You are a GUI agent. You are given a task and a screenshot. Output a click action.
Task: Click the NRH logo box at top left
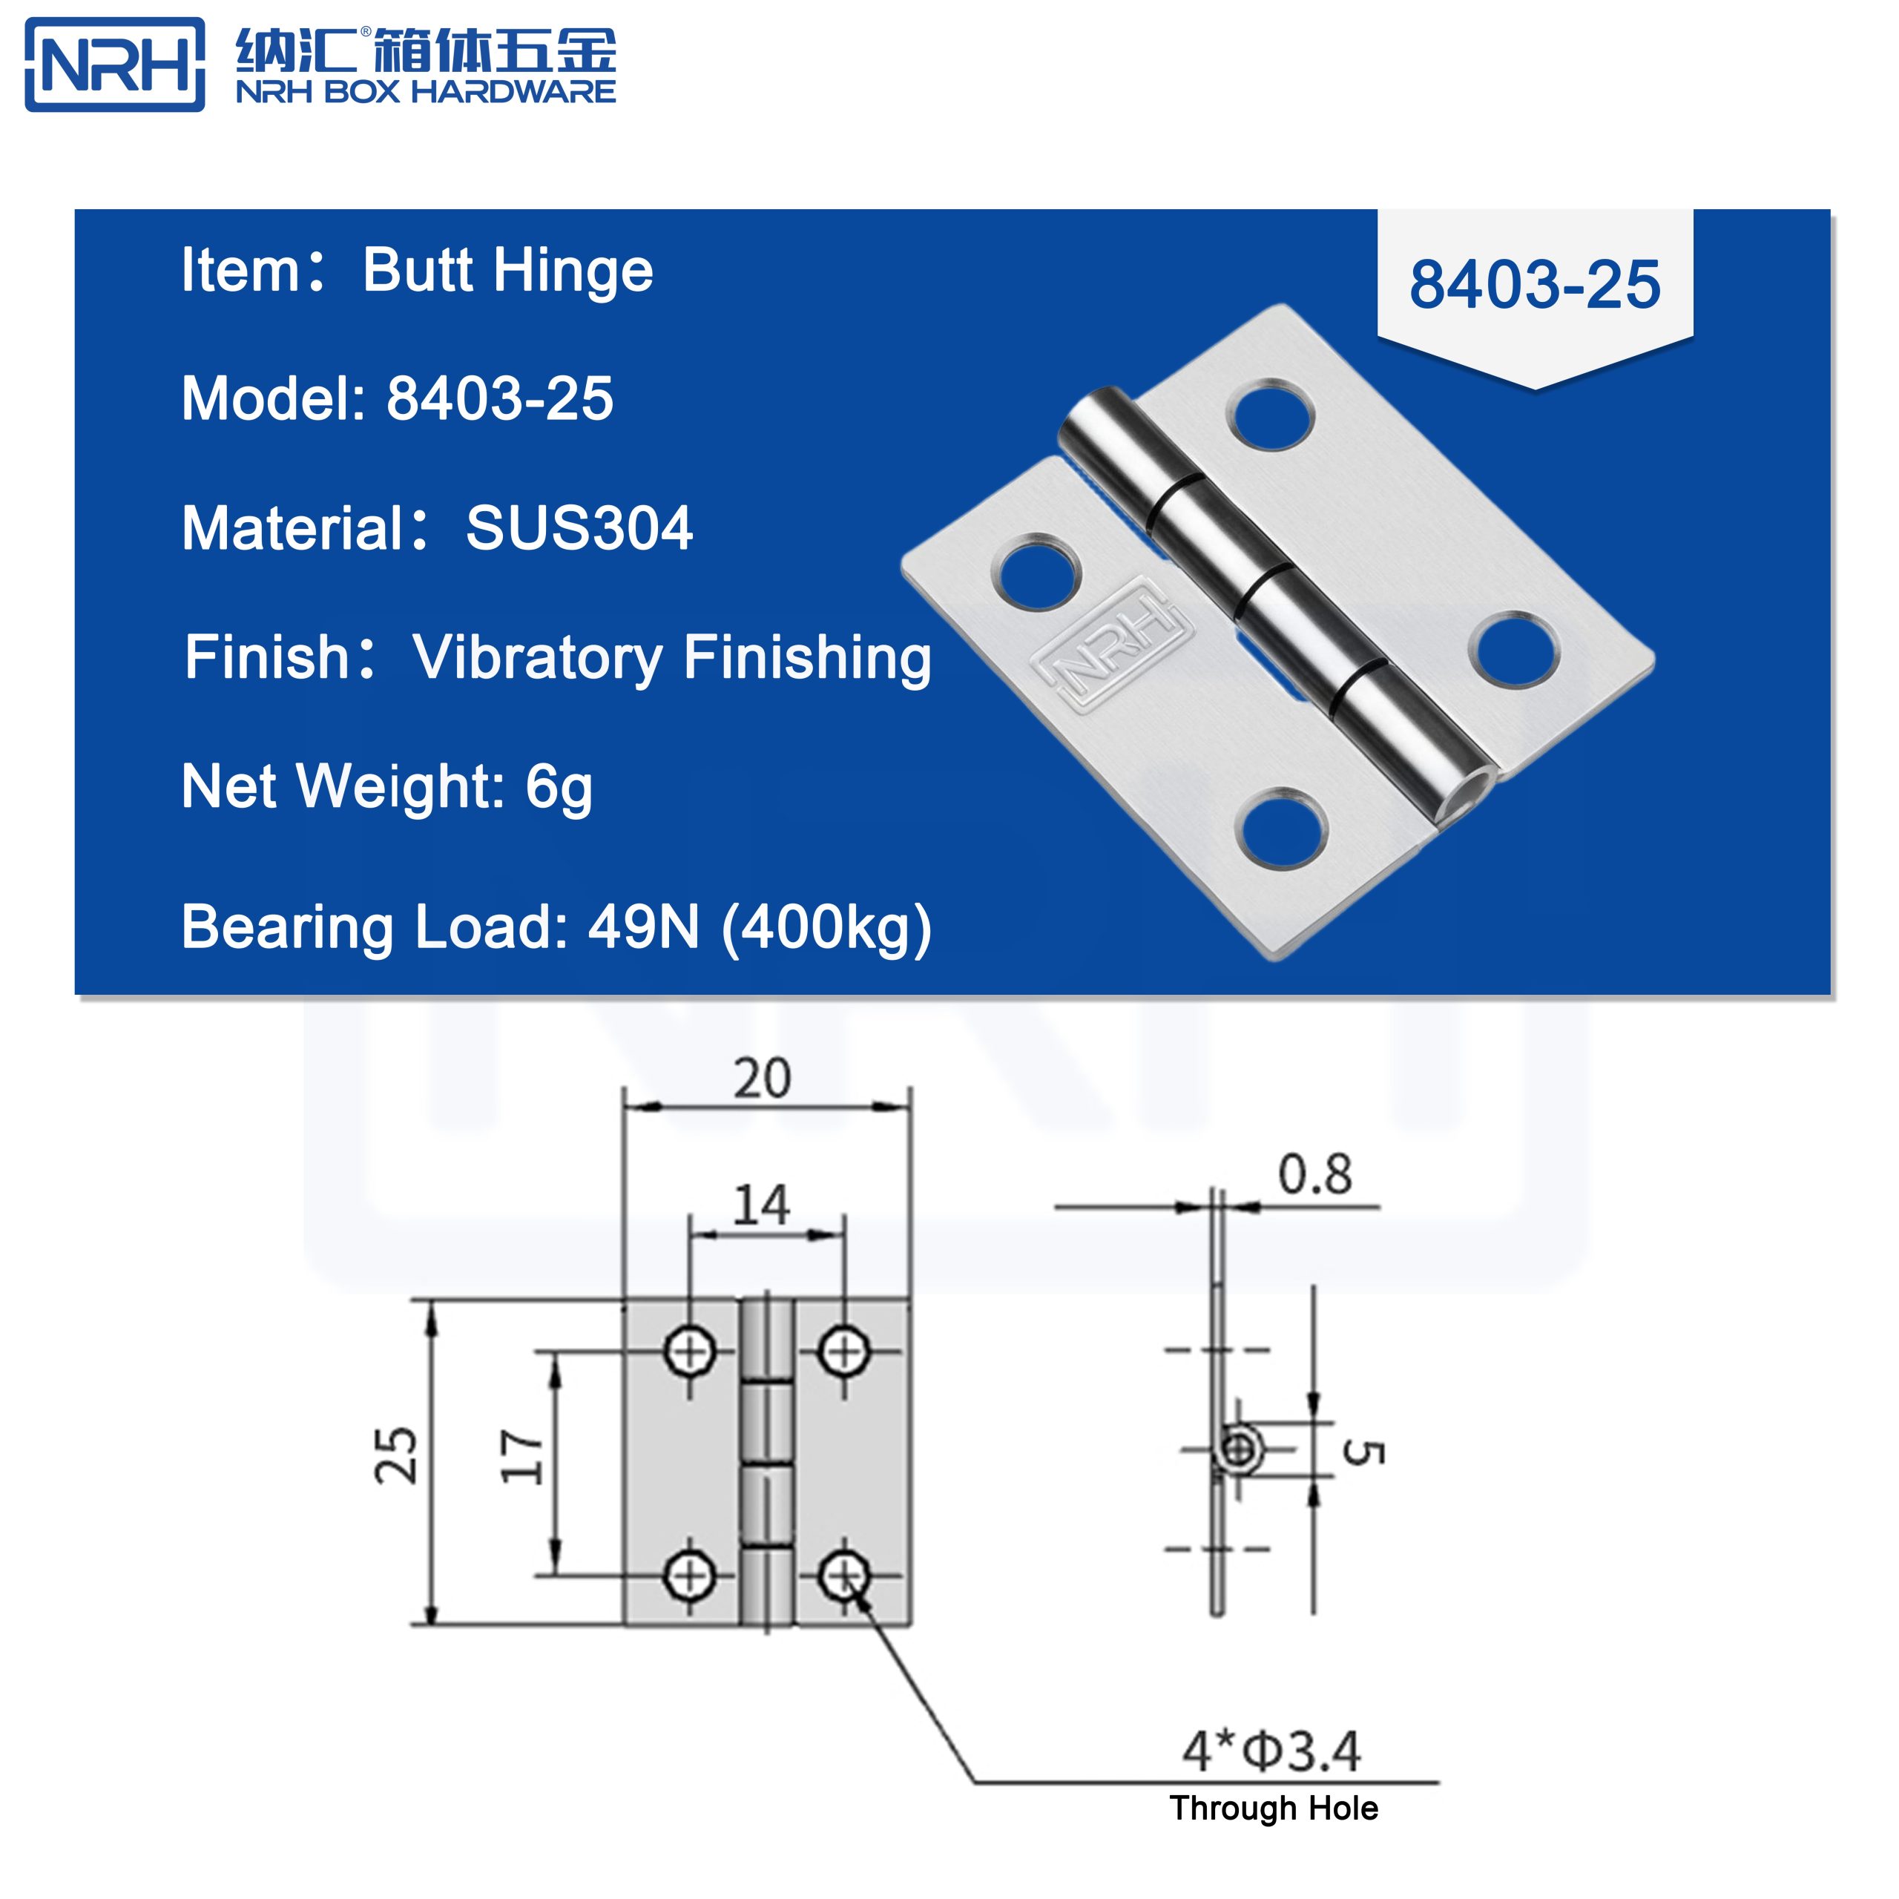pos(115,65)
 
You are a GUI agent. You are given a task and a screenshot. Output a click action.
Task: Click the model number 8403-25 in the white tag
pos(1534,285)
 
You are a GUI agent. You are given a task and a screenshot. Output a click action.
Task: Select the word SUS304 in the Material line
pos(579,529)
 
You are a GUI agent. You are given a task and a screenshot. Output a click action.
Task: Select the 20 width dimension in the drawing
pos(762,1079)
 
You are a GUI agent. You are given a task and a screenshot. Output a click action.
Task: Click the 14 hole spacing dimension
pos(762,1205)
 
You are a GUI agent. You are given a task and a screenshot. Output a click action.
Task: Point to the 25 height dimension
pos(397,1455)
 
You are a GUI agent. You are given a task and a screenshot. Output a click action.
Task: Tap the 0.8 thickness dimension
pos(1314,1174)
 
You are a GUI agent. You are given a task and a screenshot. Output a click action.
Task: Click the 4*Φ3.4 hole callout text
pos(1271,1751)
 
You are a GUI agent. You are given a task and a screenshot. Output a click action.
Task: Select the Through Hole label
pos(1273,1809)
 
